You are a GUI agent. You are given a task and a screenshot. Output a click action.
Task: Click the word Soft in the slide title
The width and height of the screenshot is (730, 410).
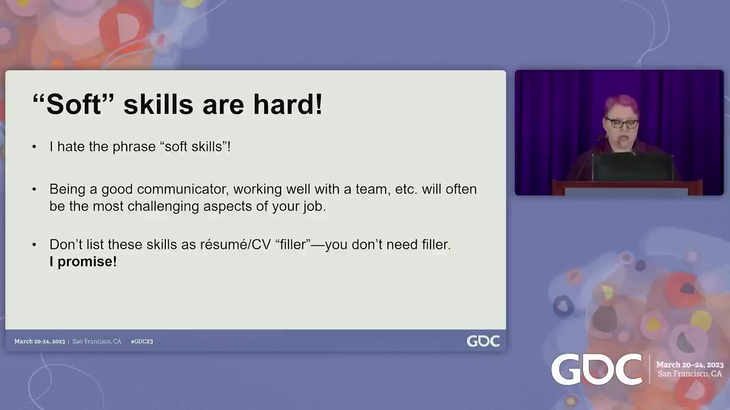click(74, 104)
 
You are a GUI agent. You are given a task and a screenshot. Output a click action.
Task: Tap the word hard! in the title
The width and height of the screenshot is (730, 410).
click(288, 104)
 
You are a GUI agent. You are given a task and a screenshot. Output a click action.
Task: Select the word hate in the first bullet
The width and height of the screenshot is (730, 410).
click(71, 146)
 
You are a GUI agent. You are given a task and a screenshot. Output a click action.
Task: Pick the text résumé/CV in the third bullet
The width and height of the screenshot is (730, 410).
click(236, 244)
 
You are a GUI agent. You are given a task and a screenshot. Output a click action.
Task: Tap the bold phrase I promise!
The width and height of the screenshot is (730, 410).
click(83, 261)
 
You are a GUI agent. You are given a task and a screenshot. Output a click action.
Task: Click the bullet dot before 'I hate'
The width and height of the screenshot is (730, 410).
click(34, 147)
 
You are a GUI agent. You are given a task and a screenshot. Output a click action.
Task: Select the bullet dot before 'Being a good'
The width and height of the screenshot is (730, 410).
click(34, 190)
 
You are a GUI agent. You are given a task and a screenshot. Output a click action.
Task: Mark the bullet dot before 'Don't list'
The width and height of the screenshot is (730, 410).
click(34, 245)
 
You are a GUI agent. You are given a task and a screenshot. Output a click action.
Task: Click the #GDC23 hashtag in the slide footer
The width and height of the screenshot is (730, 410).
click(142, 341)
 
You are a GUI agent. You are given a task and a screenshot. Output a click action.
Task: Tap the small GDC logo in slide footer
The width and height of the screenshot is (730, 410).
click(483, 341)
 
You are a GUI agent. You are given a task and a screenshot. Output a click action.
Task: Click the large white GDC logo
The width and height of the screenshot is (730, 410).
click(597, 370)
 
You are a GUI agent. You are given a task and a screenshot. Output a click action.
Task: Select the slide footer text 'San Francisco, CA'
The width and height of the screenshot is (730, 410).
click(97, 341)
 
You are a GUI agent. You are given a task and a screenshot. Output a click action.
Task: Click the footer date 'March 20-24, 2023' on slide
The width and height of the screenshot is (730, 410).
click(39, 341)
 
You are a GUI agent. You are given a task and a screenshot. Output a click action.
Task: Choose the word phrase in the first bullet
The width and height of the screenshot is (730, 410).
click(134, 147)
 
